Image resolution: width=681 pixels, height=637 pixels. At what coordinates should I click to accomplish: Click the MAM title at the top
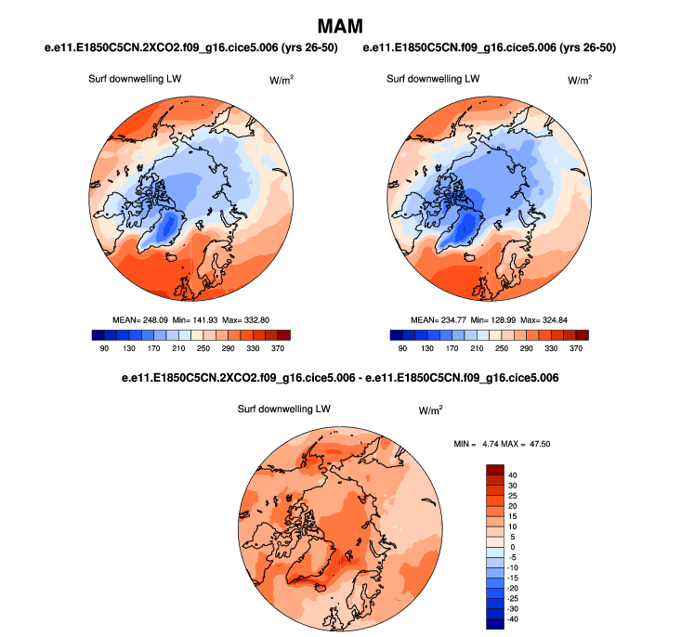340,26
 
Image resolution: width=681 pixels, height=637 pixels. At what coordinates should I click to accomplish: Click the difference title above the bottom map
340,379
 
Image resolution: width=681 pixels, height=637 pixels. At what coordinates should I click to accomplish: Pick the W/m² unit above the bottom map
430,409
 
